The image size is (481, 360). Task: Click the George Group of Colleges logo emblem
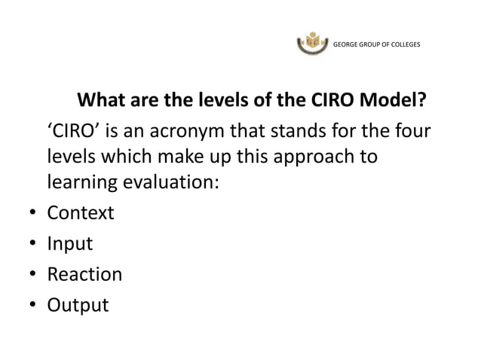click(314, 43)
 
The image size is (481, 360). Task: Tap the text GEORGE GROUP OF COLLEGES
click(377, 43)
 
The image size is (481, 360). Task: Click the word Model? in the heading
click(394, 100)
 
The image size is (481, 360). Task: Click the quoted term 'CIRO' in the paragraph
click(74, 133)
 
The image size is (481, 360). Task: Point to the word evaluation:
click(169, 183)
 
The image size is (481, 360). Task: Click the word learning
click(81, 183)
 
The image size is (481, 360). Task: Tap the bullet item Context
click(81, 213)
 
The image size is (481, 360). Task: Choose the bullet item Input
click(70, 244)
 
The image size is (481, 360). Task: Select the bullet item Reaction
click(84, 274)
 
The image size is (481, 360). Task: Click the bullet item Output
click(78, 306)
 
